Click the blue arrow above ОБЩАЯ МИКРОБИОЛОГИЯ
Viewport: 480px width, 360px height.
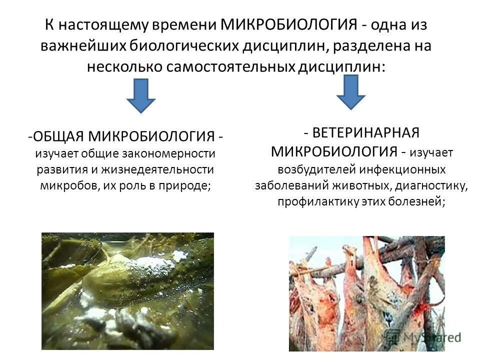(140, 96)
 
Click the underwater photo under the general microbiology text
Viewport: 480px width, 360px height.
(127, 291)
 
